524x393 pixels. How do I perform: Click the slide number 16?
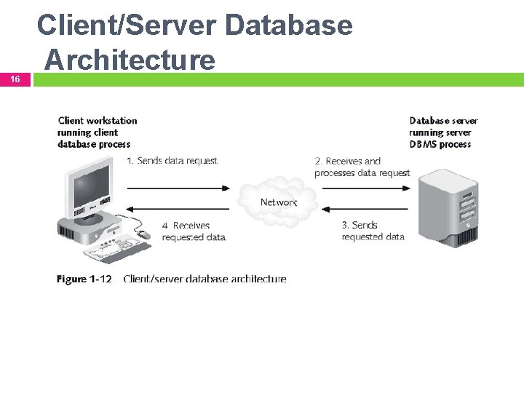pos(15,79)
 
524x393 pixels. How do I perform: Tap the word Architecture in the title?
pos(130,60)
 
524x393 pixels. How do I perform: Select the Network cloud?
pos(277,200)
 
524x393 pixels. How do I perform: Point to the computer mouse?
pos(143,234)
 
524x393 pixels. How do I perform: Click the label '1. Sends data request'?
pos(172,161)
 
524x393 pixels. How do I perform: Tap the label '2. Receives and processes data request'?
pos(362,167)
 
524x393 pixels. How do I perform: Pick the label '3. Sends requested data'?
pos(373,231)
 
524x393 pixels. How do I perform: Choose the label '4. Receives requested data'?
pos(193,231)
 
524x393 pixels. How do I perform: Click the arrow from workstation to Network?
pos(178,187)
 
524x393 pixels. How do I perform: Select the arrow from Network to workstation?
pos(178,210)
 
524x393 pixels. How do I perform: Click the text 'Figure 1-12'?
pos(84,279)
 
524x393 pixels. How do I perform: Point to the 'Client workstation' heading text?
pos(97,121)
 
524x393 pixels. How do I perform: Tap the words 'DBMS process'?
pos(440,144)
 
